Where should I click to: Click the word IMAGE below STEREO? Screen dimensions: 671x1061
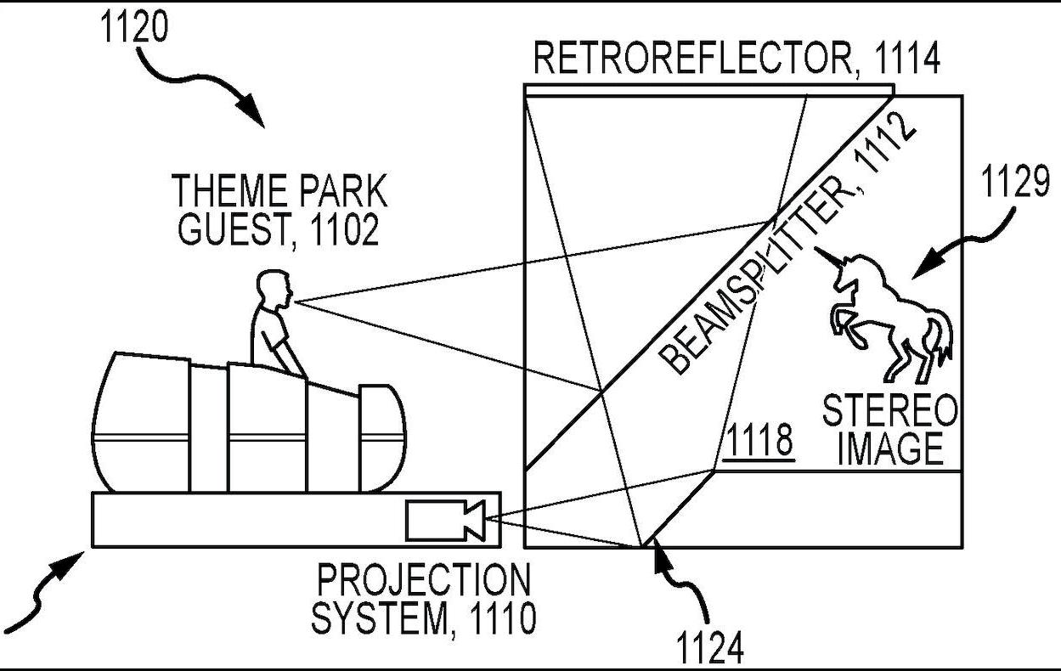click(889, 448)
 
